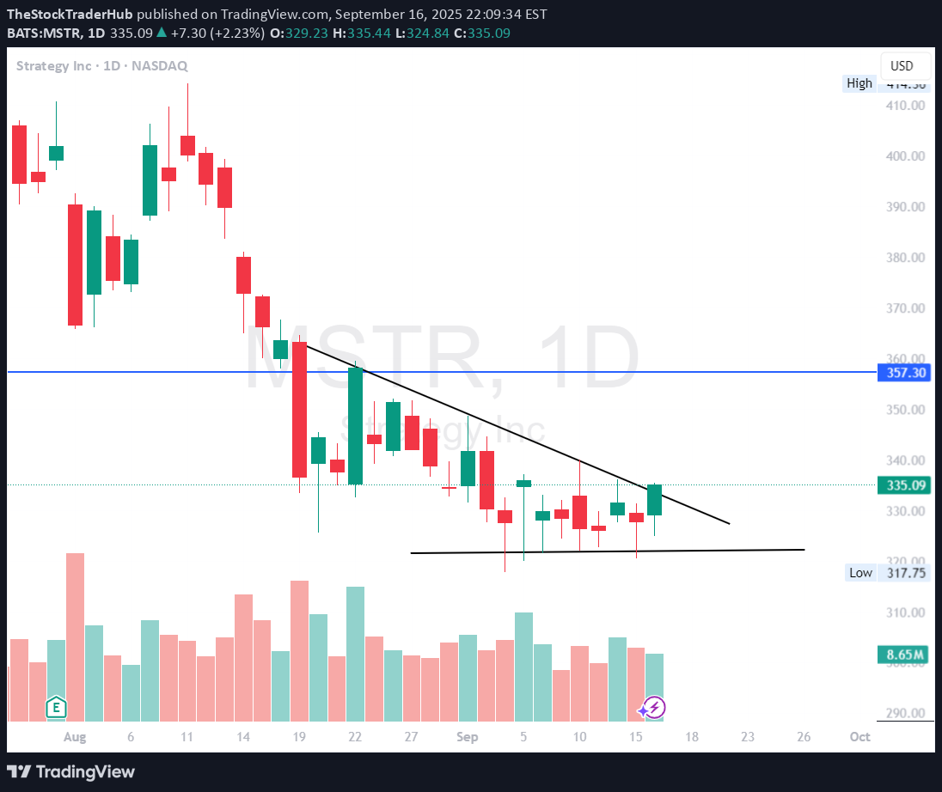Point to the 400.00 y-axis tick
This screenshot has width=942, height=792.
click(x=906, y=156)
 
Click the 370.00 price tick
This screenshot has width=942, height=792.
click(x=906, y=308)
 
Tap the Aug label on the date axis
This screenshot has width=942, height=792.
click(x=75, y=737)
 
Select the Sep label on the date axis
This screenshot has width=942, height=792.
click(x=467, y=737)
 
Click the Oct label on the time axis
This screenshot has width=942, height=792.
click(x=859, y=737)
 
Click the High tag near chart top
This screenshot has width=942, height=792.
click(x=859, y=83)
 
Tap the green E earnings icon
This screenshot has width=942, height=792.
click(x=56, y=708)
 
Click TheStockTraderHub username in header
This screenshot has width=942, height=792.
click(x=70, y=15)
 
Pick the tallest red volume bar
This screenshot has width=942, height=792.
click(x=76, y=636)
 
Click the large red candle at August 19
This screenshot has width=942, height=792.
click(x=299, y=410)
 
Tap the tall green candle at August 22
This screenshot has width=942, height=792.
click(x=355, y=426)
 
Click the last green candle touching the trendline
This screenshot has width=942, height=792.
click(x=654, y=500)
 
